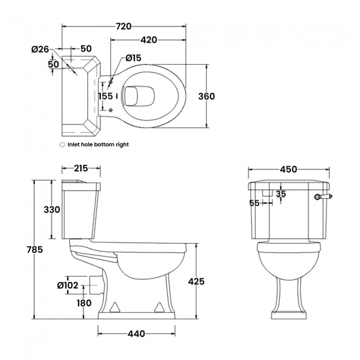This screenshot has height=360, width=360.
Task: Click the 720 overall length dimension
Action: pyautogui.click(x=124, y=27)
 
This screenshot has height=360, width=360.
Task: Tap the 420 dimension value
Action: pyautogui.click(x=149, y=40)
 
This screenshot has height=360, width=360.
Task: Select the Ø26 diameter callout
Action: pyautogui.click(x=40, y=49)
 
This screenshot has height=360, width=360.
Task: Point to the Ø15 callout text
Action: pyautogui.click(x=133, y=58)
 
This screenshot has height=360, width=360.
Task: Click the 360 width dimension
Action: pyautogui.click(x=207, y=96)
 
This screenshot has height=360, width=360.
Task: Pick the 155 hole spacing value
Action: pyautogui.click(x=106, y=96)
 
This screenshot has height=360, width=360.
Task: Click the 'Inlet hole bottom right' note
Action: pyautogui.click(x=98, y=145)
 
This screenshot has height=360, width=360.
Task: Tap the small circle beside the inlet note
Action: pyautogui.click(x=62, y=145)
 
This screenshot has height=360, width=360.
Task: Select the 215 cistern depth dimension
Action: pyautogui.click(x=81, y=168)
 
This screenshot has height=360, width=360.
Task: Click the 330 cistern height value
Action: pyautogui.click(x=52, y=209)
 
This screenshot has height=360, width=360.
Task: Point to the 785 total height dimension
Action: pyautogui.click(x=35, y=249)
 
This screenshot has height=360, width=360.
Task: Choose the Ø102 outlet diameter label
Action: pyautogui.click(x=68, y=285)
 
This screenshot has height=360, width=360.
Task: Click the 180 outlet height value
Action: pyautogui.click(x=84, y=303)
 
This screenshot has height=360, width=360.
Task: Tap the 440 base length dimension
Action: pyautogui.click(x=136, y=333)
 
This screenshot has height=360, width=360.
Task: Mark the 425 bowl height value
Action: pyautogui.click(x=196, y=281)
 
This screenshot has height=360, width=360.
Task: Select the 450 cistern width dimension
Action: pyautogui.click(x=289, y=169)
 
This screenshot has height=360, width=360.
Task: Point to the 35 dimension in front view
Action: pyautogui.click(x=281, y=193)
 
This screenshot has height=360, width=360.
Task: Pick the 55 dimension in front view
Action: pyautogui.click(x=254, y=203)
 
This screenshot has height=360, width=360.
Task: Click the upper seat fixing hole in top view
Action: pyautogui.click(x=111, y=82)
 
